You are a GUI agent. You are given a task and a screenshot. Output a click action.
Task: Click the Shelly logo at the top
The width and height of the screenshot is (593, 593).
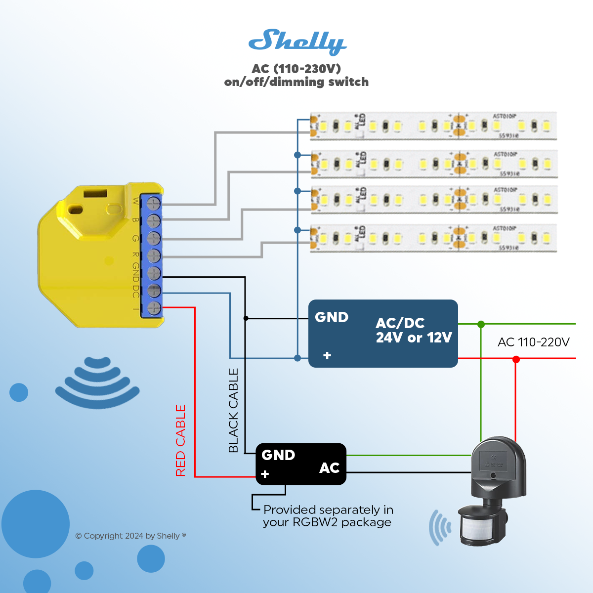[x=297, y=42]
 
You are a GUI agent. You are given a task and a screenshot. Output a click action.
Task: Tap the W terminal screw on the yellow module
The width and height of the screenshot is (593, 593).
[x=154, y=203]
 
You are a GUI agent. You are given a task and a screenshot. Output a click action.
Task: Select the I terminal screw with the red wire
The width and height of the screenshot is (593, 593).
[x=154, y=308]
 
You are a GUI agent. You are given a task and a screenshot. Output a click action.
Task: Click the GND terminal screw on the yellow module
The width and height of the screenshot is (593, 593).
[x=154, y=273]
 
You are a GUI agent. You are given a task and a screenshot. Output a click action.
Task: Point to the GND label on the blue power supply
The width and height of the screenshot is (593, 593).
[x=332, y=317]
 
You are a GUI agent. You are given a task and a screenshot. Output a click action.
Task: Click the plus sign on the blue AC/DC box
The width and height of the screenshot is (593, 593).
[x=327, y=355]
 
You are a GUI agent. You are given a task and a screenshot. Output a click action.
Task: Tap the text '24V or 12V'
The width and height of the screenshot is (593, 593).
[x=414, y=338]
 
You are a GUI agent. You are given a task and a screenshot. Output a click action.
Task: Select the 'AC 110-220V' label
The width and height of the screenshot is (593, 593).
[x=533, y=342]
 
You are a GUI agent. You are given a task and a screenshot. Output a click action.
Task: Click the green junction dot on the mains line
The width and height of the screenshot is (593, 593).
[x=481, y=324]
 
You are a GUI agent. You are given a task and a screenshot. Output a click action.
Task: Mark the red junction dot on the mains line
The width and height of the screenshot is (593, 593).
[x=516, y=359]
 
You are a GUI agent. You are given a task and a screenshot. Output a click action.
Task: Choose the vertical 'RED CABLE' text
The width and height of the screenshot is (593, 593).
[x=181, y=440]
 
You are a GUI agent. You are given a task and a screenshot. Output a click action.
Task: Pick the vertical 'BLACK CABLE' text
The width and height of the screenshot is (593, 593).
[x=233, y=410]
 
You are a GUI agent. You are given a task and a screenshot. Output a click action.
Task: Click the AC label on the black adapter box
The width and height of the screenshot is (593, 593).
[x=329, y=468]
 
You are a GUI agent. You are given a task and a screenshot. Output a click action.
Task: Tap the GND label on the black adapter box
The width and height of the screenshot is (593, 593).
[x=278, y=455]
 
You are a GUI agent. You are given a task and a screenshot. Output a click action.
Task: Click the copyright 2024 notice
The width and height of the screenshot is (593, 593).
[x=130, y=536]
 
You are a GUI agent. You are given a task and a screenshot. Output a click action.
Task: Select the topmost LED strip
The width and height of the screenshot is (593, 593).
[x=433, y=126]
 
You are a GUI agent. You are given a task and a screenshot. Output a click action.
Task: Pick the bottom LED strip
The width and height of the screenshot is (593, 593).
[x=433, y=238]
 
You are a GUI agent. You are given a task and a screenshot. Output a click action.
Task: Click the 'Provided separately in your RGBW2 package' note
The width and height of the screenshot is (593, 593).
[x=328, y=516]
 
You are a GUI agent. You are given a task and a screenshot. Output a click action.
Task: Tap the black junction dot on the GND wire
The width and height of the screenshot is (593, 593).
[x=246, y=318]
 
